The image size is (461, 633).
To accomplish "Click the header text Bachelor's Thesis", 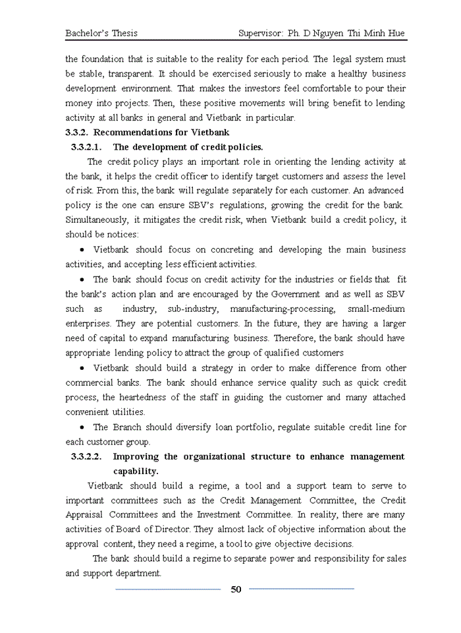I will pyautogui.click(x=101, y=33).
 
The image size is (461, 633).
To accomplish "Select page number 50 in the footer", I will pyautogui.click(x=236, y=589).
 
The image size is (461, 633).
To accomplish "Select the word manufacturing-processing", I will pyautogui.click(x=283, y=309).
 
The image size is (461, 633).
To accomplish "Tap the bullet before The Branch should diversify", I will pyautogui.click(x=82, y=428).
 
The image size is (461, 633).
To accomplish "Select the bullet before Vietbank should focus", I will pyautogui.click(x=82, y=250).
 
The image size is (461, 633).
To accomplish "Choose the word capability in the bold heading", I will pyautogui.click(x=136, y=471).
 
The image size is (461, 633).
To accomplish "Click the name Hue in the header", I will pyautogui.click(x=396, y=33).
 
